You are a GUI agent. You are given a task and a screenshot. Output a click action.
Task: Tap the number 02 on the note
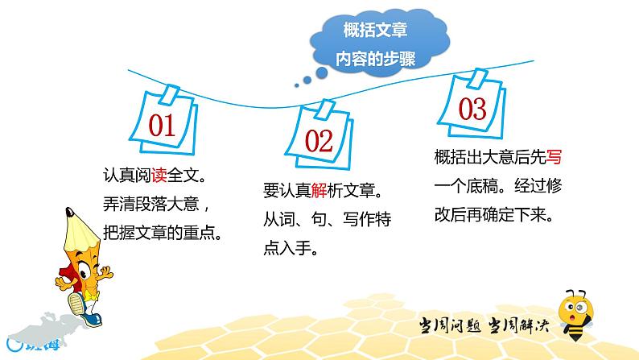pos(319,143)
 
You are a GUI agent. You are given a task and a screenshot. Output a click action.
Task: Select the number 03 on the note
pos(472,108)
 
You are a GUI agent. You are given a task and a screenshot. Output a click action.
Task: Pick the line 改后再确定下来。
pos(497,216)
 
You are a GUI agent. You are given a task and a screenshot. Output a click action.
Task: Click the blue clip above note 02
pos(323,106)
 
